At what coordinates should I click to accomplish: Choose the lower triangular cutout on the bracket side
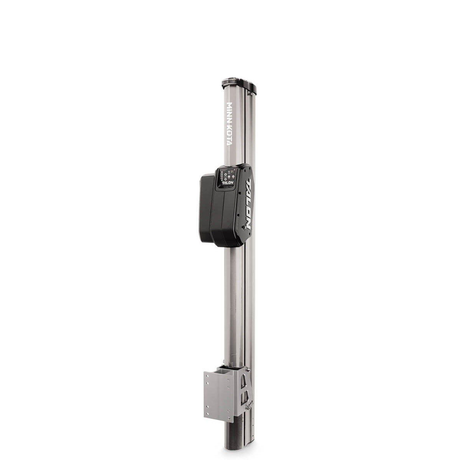(x=243, y=399)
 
